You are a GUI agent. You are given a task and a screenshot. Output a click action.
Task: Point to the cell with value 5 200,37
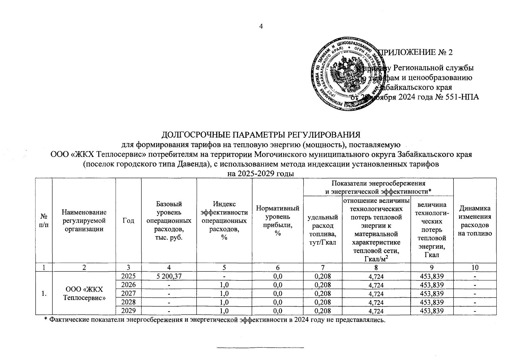point(169,276)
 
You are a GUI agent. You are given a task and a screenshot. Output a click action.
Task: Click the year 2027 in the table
point(128,293)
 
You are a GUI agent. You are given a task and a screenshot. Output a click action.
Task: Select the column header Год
point(128,220)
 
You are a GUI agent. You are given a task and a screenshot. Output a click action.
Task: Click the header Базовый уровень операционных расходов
point(169,220)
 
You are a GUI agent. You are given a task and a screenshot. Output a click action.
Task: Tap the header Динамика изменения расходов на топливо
point(474,220)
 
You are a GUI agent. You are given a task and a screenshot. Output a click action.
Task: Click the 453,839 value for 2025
point(432,276)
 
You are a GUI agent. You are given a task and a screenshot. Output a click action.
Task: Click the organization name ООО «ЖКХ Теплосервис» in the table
point(84,293)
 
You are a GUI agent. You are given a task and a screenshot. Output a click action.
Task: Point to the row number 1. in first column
point(44,293)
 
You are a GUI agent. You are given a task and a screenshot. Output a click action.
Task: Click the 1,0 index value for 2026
point(224,285)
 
